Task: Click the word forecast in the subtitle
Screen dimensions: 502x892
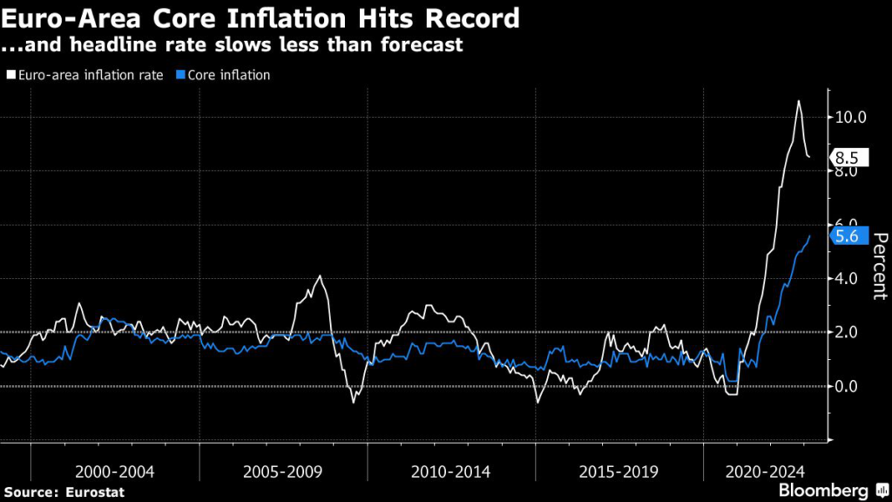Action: point(422,44)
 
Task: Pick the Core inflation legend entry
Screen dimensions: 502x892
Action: point(227,75)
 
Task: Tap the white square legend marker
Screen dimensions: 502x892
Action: point(10,76)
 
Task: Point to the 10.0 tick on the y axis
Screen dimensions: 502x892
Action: point(850,117)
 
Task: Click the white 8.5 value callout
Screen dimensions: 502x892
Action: point(847,159)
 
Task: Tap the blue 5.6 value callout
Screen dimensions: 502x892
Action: point(847,236)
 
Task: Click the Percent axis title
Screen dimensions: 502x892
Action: point(879,266)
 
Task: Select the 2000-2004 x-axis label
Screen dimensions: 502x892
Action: point(115,471)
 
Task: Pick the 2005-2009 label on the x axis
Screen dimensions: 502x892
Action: point(283,471)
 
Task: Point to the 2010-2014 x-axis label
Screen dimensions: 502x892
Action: point(450,471)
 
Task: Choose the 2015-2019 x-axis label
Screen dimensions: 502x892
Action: point(619,471)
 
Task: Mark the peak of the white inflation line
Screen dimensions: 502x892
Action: point(798,101)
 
